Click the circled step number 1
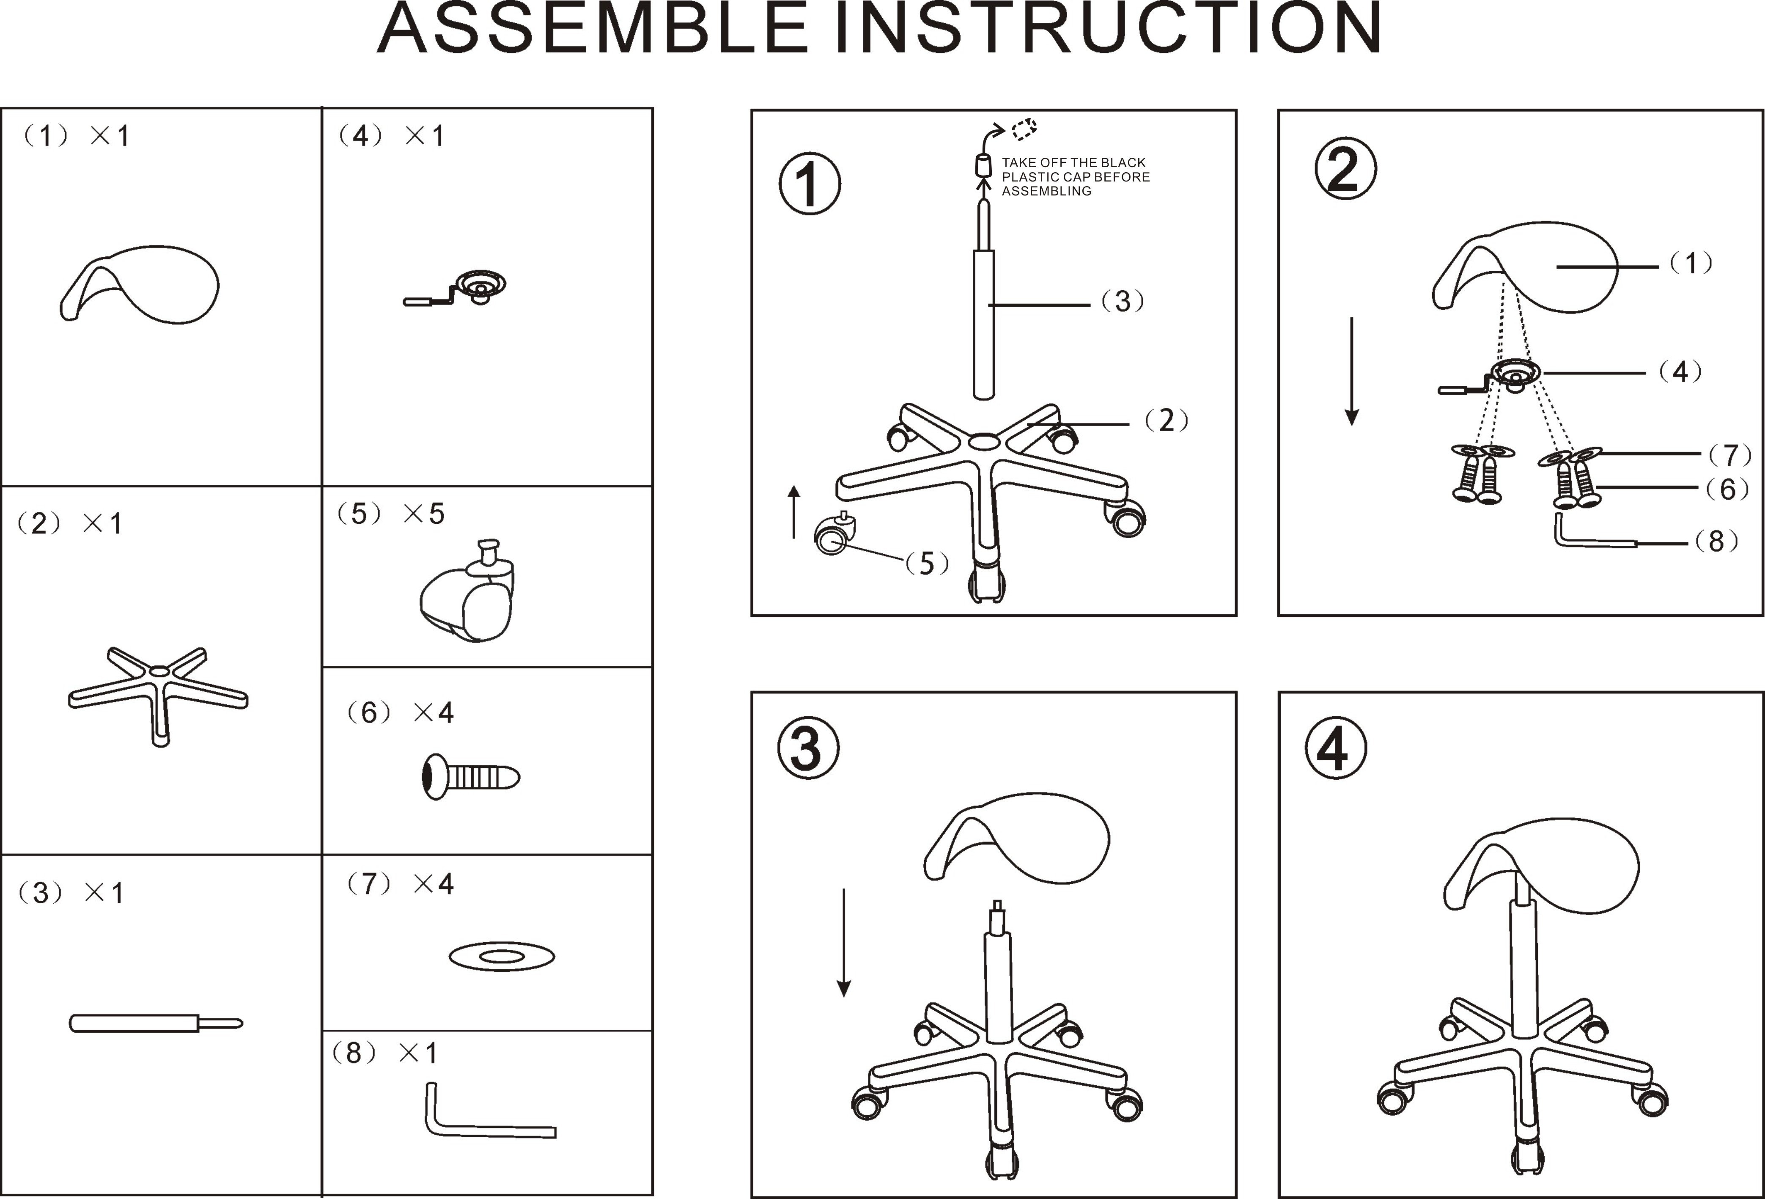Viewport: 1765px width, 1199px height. point(810,184)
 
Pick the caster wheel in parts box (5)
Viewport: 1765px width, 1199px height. point(467,597)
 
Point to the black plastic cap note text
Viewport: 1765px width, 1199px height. point(1075,177)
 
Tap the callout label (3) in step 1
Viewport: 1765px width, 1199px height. point(1123,302)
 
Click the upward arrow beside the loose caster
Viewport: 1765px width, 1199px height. point(793,512)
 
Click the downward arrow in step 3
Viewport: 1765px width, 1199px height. point(843,942)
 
